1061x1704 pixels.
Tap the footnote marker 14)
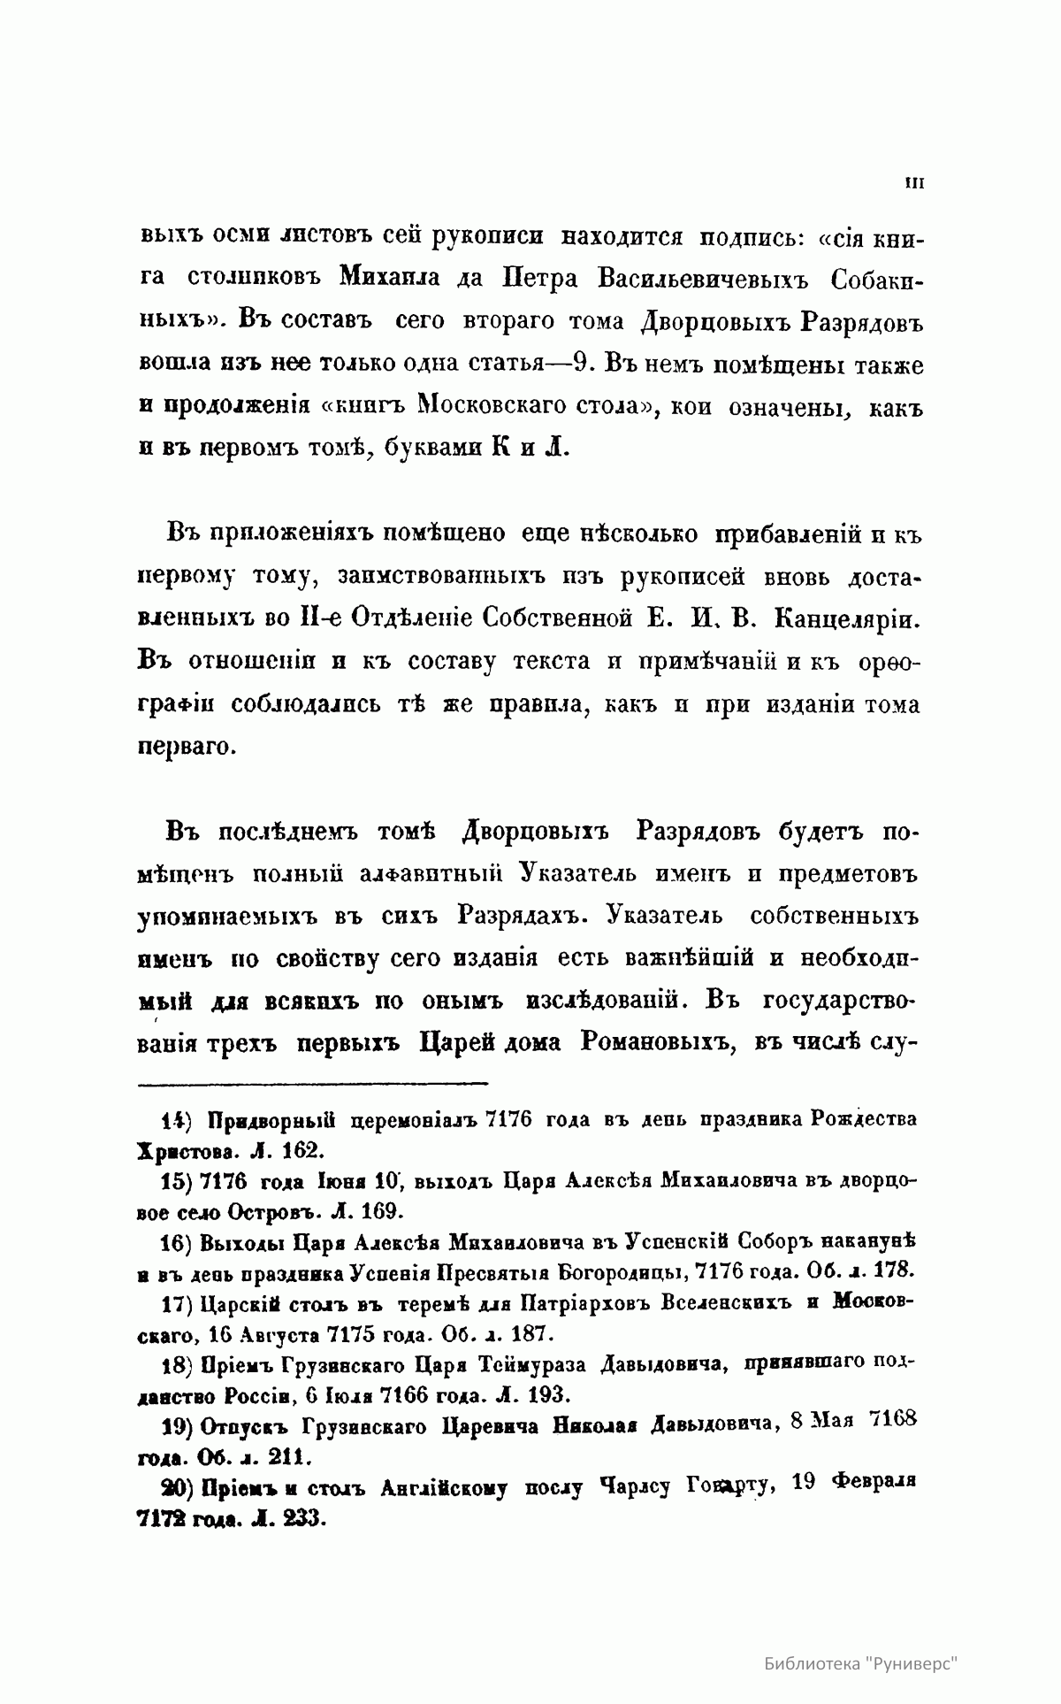click(x=177, y=1119)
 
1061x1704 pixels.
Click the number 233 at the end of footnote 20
click(x=305, y=1519)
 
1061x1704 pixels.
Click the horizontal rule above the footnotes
click(x=313, y=1082)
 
